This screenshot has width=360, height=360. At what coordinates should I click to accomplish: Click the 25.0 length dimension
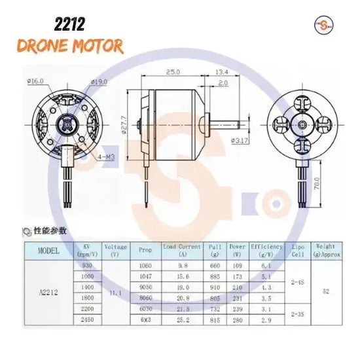(173, 71)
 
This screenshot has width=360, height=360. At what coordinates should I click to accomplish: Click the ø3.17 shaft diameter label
(240, 140)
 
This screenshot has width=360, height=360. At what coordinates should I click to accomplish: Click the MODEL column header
(49, 250)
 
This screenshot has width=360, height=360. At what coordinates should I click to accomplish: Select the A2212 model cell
(49, 293)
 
